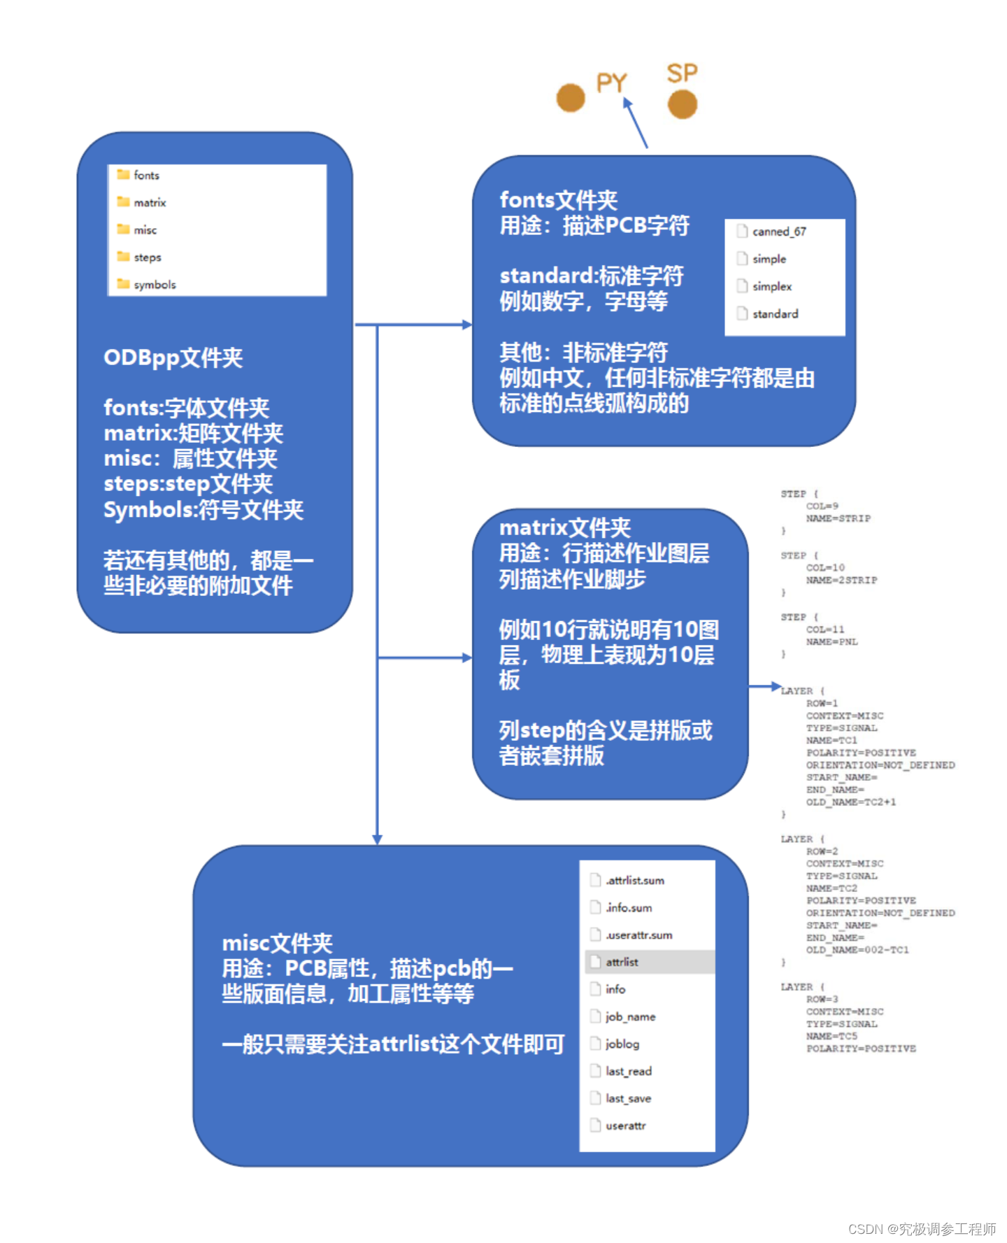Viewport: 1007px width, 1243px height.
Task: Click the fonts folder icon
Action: [124, 174]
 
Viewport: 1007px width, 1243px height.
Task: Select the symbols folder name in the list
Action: [155, 285]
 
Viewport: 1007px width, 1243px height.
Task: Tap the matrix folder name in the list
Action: [150, 202]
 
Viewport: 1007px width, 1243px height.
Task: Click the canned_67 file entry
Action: [778, 232]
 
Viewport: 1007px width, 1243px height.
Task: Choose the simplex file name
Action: [772, 286]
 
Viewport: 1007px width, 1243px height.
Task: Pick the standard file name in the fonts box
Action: [775, 314]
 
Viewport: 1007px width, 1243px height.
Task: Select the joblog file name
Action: [622, 1044]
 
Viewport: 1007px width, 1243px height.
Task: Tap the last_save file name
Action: [628, 1098]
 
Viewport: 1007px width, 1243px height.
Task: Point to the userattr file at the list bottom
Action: [625, 1125]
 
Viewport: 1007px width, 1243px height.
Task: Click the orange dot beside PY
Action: [571, 97]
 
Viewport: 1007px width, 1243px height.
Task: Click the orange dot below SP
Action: [683, 105]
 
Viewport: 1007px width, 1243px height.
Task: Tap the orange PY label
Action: [611, 83]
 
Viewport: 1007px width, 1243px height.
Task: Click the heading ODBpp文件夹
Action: [173, 357]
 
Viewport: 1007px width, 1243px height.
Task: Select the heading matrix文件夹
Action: [564, 527]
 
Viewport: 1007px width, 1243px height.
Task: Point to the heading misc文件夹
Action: [277, 943]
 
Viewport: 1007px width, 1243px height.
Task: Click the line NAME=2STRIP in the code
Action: [841, 580]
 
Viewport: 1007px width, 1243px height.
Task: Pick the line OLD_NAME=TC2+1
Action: [850, 802]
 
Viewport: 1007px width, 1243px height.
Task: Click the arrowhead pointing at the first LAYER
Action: [776, 686]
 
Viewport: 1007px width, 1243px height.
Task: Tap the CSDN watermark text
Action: [922, 1229]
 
